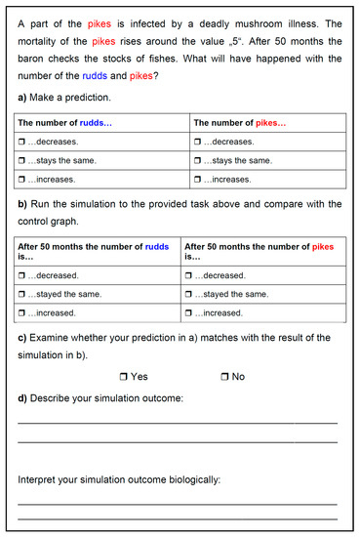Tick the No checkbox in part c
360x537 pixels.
coord(224,376)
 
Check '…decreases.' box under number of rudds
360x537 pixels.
coord(22,142)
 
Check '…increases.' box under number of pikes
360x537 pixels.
coord(198,179)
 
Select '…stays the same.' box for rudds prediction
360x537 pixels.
coord(22,160)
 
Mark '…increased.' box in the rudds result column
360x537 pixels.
coord(22,312)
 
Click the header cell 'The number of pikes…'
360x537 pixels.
coord(239,123)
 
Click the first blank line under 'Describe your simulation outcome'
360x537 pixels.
coord(178,423)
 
